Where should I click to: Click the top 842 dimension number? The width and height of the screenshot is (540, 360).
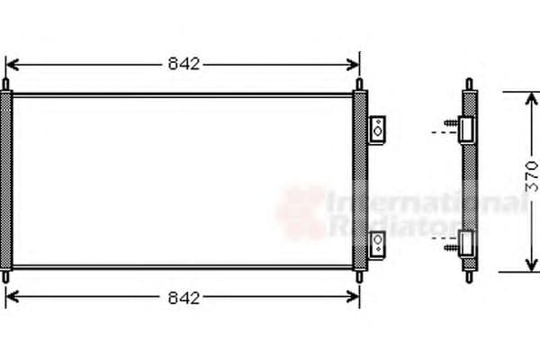pyautogui.click(x=183, y=64)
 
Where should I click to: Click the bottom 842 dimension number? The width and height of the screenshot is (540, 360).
pyautogui.click(x=183, y=297)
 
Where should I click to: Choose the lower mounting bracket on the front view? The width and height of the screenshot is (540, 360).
pyautogui.click(x=378, y=241)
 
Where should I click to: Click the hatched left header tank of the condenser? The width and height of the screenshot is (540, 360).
pyautogui.click(x=7, y=180)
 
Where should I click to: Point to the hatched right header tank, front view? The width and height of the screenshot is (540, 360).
pyautogui.click(x=360, y=180)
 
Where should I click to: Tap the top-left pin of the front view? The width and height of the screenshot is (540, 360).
pyautogui.click(x=7, y=85)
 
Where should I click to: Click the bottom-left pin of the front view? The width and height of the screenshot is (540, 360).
pyautogui.click(x=7, y=274)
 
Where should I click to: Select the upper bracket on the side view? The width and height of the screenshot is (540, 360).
pyautogui.click(x=466, y=130)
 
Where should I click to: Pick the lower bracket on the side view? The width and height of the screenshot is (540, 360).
pyautogui.click(x=466, y=241)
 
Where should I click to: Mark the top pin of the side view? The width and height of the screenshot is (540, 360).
pyautogui.click(x=468, y=85)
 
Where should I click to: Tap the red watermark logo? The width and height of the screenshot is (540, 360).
pyautogui.click(x=301, y=211)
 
